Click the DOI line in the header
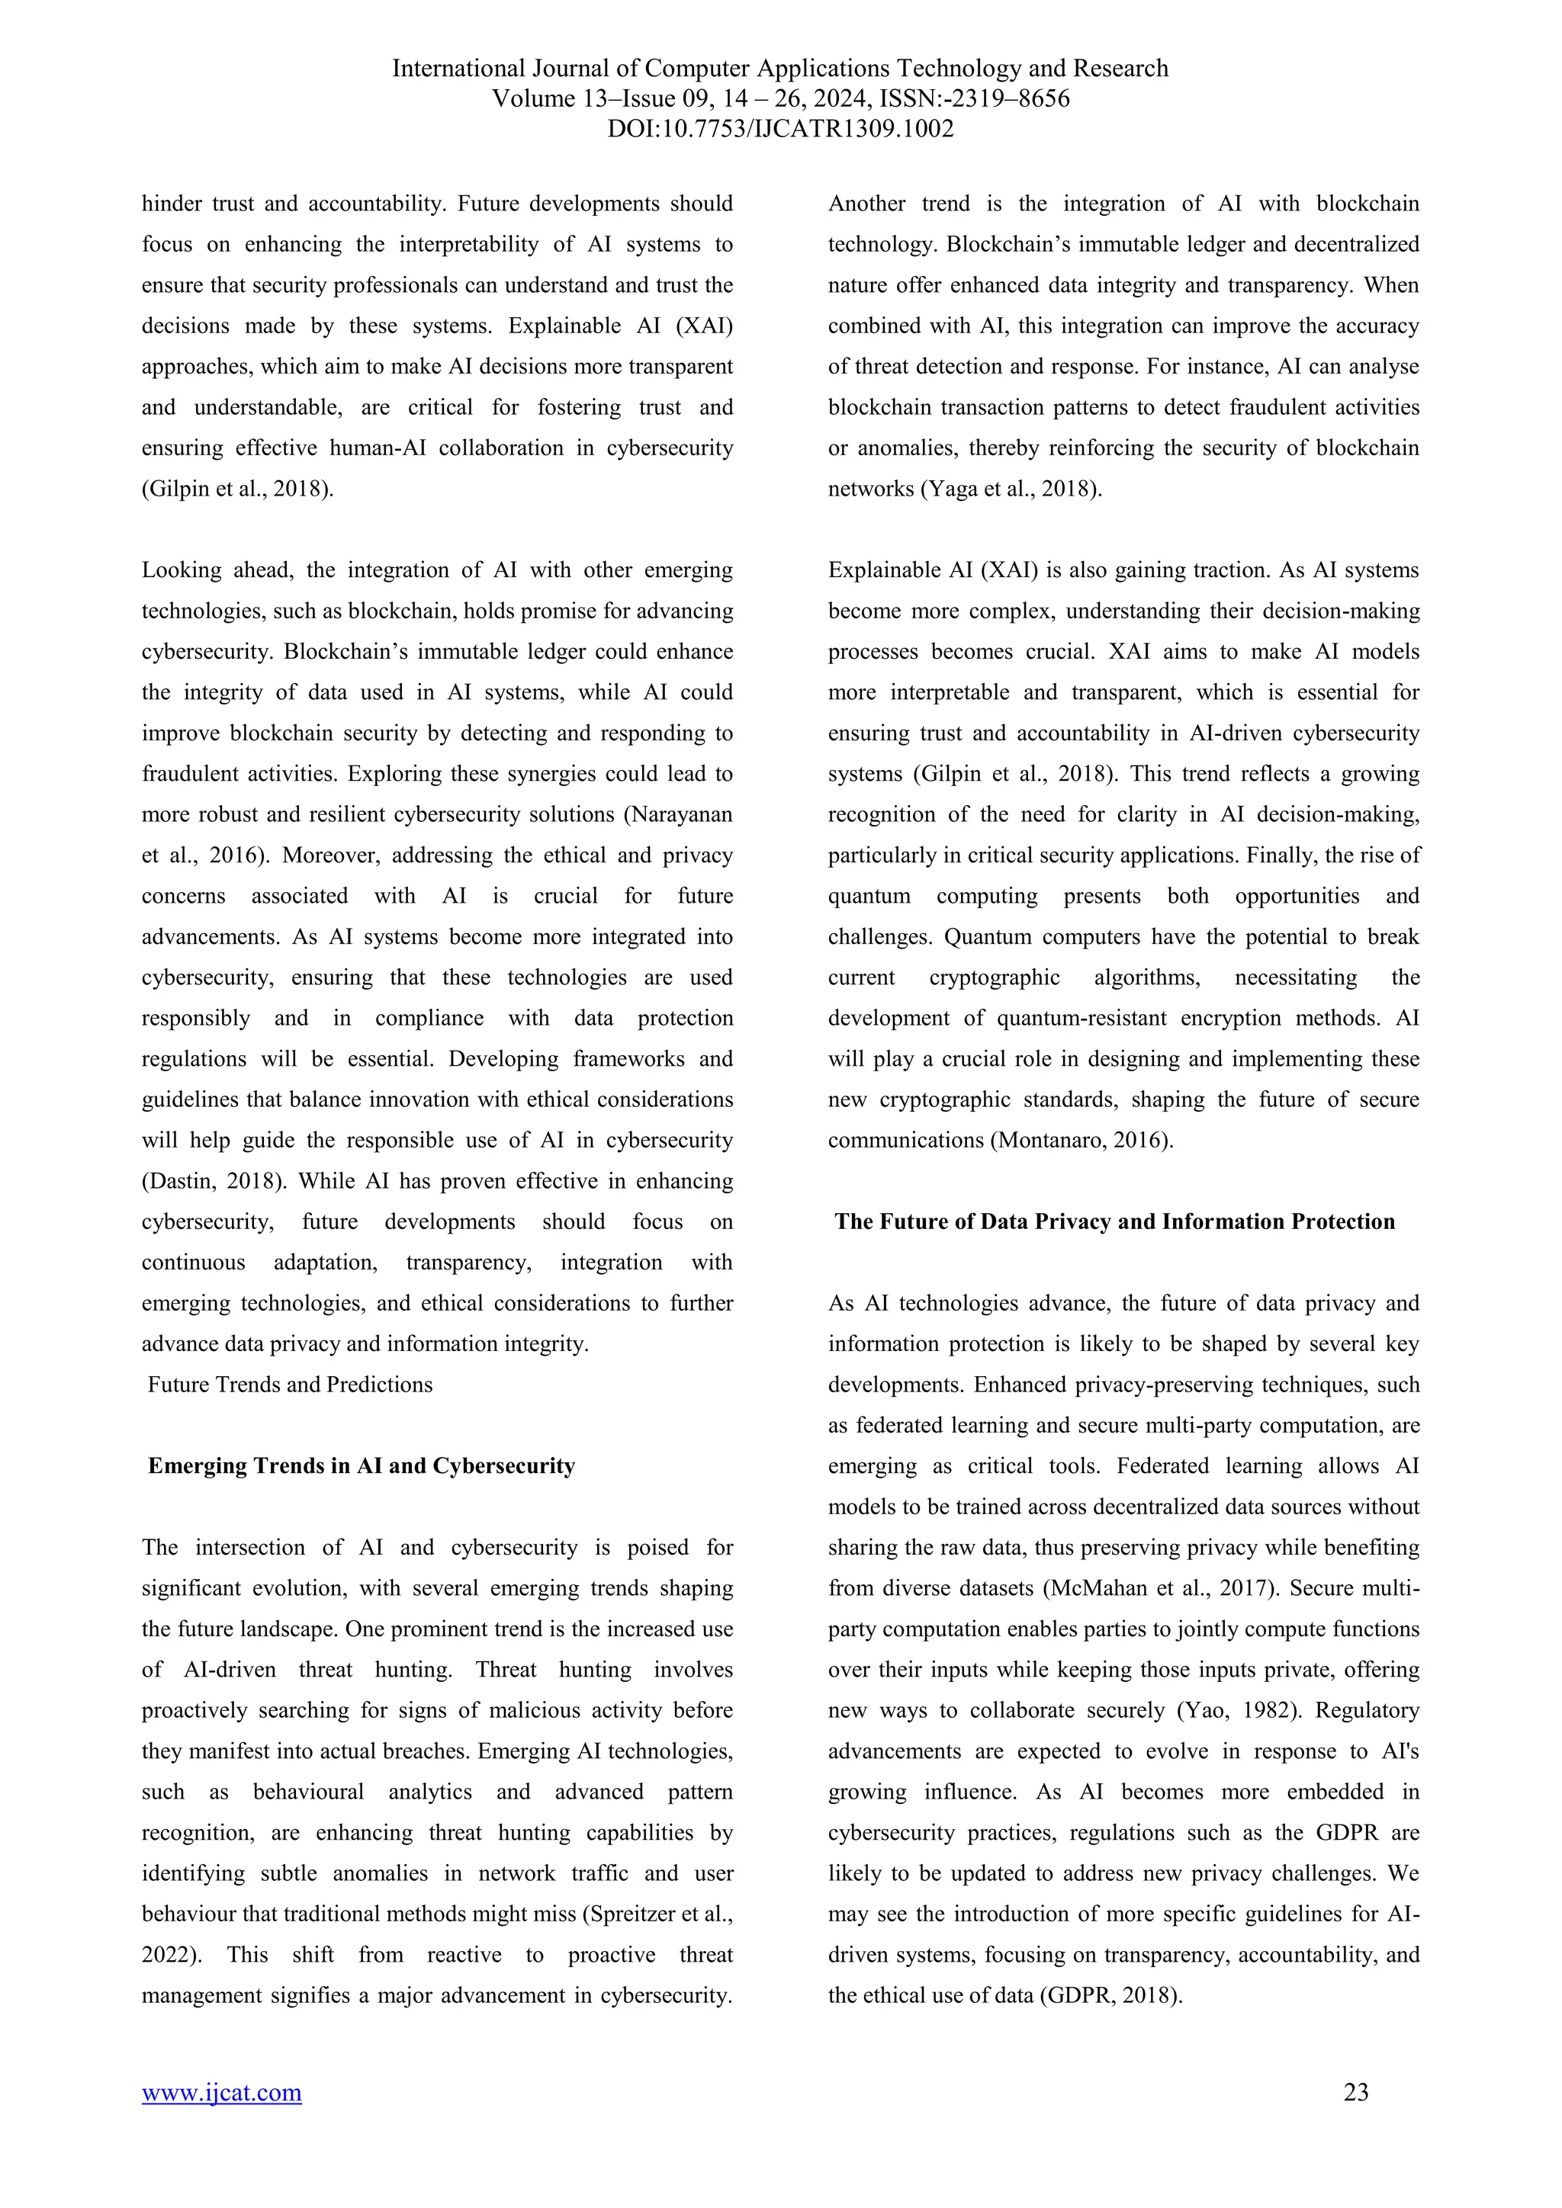[780, 128]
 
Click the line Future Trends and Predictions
[290, 1384]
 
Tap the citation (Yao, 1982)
[1239, 1711]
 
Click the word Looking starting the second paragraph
[178, 570]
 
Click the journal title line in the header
[780, 69]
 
